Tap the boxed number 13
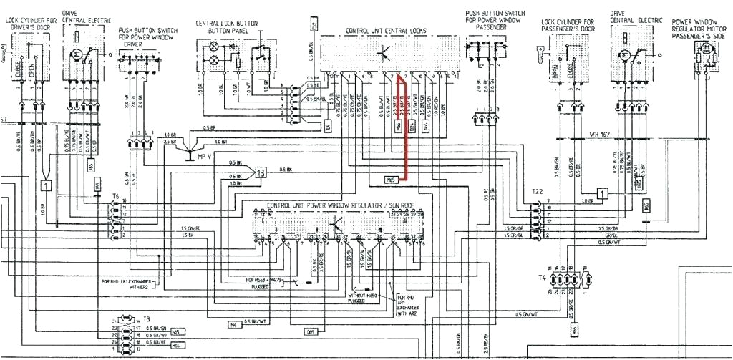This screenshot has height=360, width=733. tap(261, 172)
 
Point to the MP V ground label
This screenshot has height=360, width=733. tap(206, 155)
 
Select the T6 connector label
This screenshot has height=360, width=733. tap(115, 195)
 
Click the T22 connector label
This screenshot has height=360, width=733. tap(537, 193)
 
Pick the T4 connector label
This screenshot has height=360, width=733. tap(541, 276)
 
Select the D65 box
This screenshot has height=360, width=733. tap(310, 331)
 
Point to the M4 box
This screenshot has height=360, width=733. tap(234, 324)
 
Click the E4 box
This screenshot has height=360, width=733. tap(329, 127)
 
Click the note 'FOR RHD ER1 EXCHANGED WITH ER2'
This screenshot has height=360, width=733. tap(127, 284)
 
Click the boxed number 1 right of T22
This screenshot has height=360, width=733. tap(603, 193)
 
